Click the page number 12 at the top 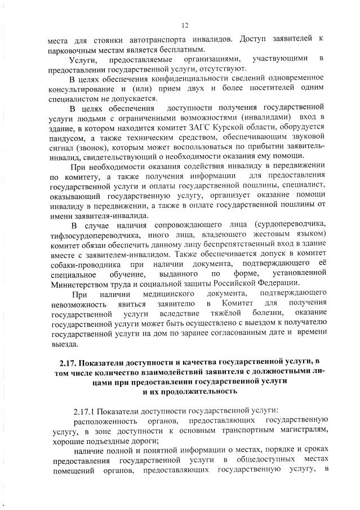(184, 25)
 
